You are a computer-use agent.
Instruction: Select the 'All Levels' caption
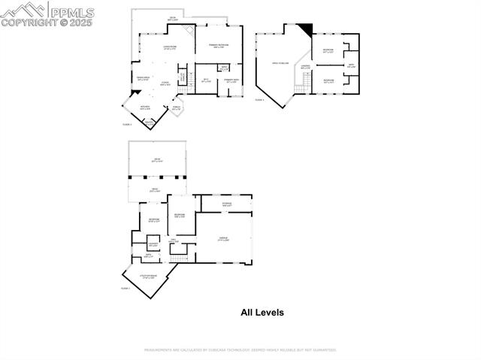click(x=262, y=313)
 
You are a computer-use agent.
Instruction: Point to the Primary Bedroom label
click(x=218, y=45)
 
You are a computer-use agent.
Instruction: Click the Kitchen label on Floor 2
click(x=145, y=107)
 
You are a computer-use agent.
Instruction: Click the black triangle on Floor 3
click(x=304, y=29)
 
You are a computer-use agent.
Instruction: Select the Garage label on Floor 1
click(x=223, y=239)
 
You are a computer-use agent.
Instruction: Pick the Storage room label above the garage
click(x=226, y=204)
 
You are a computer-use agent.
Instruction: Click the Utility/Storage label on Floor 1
click(x=147, y=277)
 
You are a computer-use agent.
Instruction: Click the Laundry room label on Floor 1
click(x=153, y=244)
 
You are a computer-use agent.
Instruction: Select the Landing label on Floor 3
click(x=306, y=67)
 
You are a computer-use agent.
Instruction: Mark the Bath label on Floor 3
click(x=351, y=65)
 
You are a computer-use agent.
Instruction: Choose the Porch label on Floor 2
click(x=177, y=107)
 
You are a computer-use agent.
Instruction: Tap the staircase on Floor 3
click(x=300, y=89)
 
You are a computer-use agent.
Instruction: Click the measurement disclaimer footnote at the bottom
click(x=240, y=349)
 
